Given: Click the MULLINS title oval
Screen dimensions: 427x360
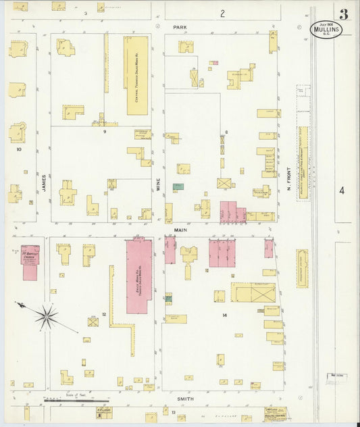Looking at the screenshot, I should point(326,30).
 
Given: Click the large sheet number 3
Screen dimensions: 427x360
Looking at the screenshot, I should point(344,14).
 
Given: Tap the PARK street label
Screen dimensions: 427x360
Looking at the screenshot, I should point(179,28).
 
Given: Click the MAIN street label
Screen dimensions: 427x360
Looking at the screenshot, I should point(181,230).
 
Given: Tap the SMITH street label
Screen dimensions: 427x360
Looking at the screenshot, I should point(185,399).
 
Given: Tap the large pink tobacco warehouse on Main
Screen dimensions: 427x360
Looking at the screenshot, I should point(139,275).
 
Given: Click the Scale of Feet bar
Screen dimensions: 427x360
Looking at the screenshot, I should point(68,401).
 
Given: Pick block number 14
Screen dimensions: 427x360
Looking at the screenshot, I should point(224,315).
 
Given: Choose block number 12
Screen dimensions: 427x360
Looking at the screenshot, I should point(104,314).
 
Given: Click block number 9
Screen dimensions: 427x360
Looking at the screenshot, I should point(104,132).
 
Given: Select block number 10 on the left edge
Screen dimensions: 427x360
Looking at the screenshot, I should point(19,149).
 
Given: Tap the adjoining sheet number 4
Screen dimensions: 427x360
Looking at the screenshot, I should point(342,191).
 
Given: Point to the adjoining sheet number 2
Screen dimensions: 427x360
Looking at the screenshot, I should point(222,13).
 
